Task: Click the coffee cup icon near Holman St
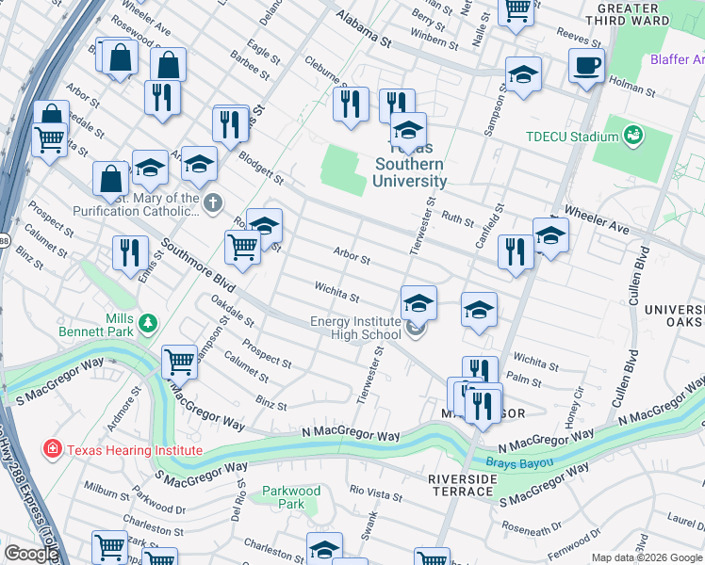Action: click(x=586, y=67)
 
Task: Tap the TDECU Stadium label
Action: click(x=571, y=137)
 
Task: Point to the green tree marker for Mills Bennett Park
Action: click(x=147, y=324)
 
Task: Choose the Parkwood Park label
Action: click(x=291, y=497)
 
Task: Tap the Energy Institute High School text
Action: click(x=355, y=328)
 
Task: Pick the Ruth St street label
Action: click(x=458, y=219)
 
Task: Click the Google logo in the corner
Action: click(x=31, y=554)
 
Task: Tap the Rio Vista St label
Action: click(x=375, y=490)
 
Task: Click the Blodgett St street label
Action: click(x=260, y=167)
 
